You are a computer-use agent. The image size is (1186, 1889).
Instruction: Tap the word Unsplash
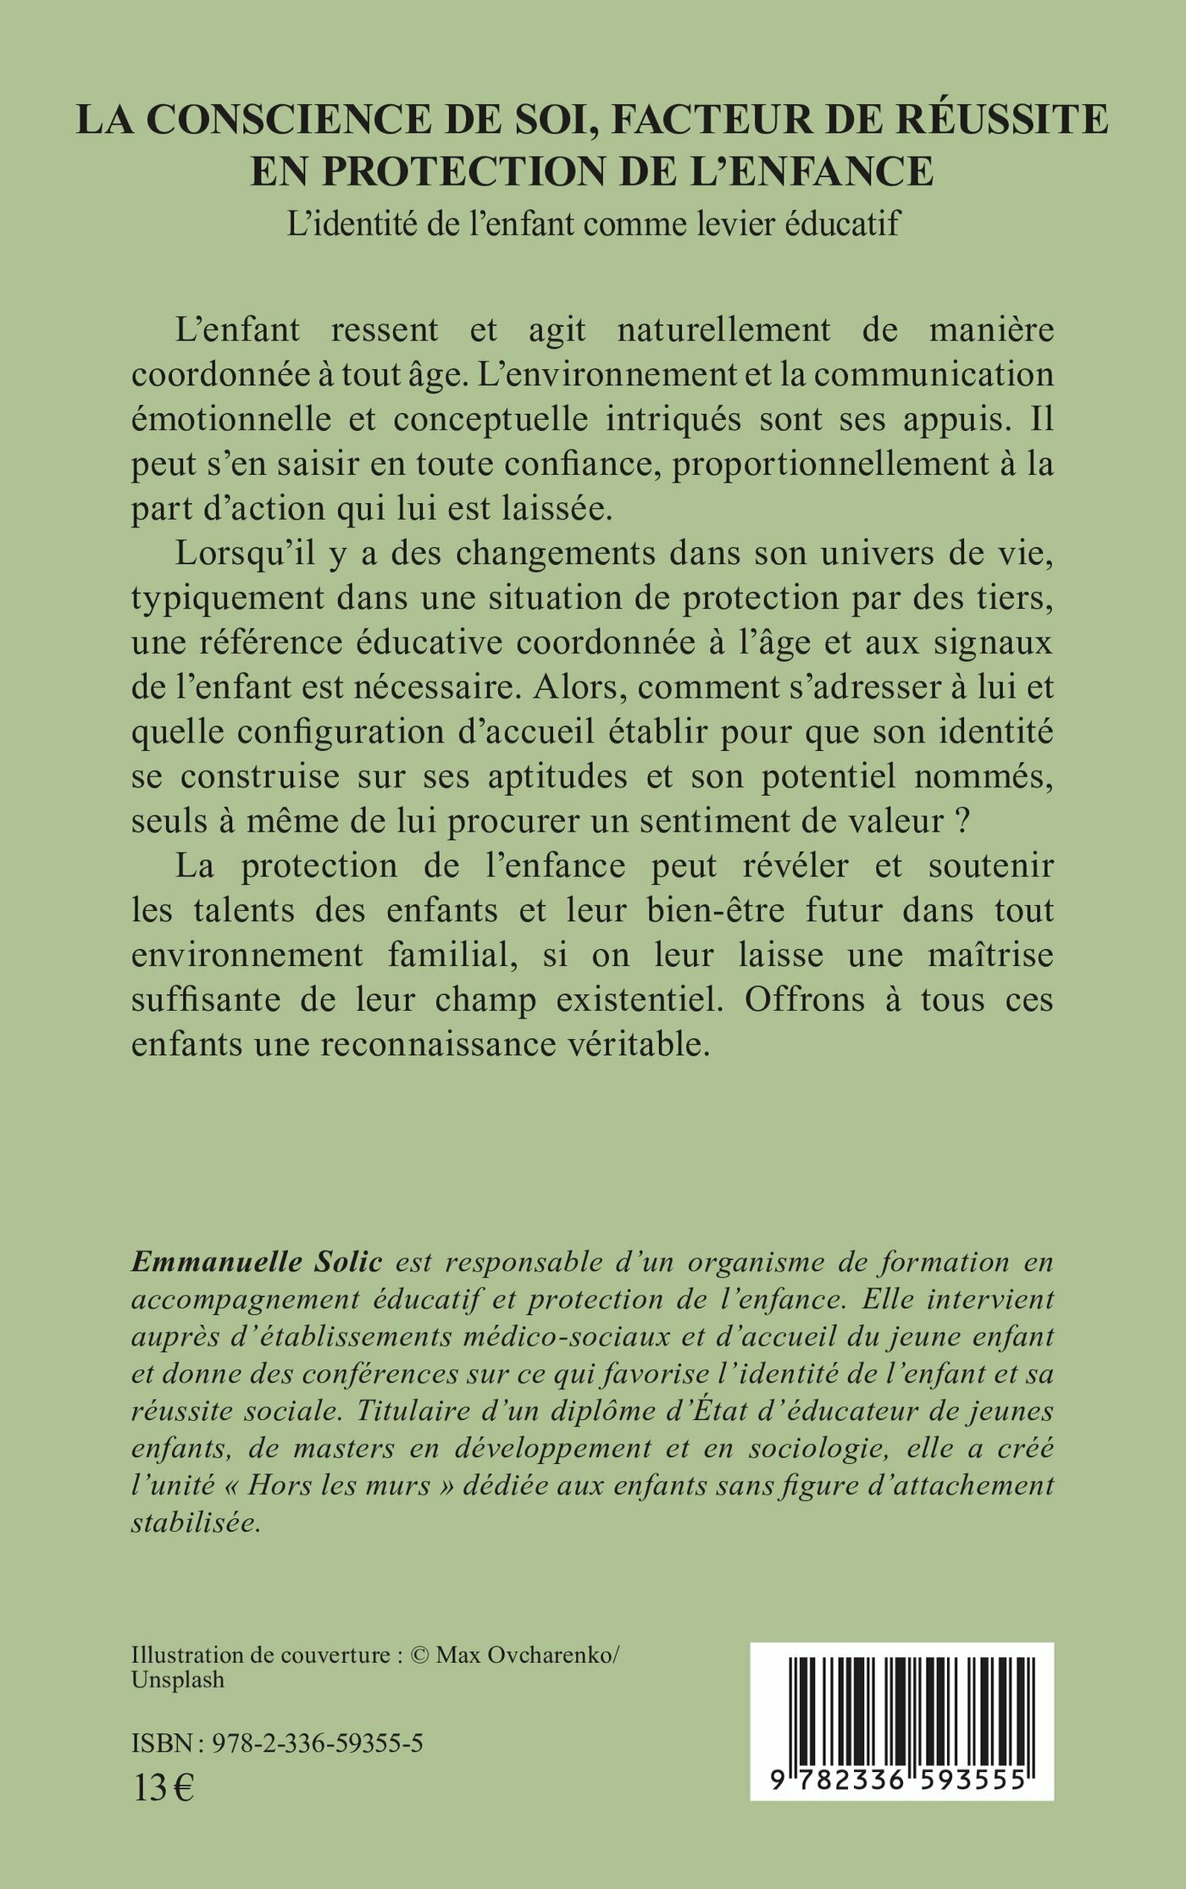(178, 1679)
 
